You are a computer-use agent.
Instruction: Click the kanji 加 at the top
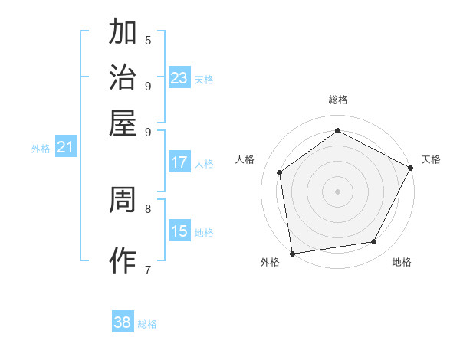tap(123, 33)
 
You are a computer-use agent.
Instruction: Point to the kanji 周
tap(123, 201)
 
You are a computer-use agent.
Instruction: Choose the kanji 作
tap(123, 260)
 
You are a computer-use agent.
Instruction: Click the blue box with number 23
tap(179, 77)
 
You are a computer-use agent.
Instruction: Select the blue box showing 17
tap(179, 162)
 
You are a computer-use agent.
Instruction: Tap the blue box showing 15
tap(179, 231)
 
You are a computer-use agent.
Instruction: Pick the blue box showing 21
tap(65, 147)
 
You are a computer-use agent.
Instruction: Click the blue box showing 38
tap(123, 322)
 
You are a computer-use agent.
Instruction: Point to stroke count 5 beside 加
tap(148, 41)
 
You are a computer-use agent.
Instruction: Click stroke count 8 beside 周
tap(148, 208)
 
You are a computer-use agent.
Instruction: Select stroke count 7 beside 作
tap(148, 269)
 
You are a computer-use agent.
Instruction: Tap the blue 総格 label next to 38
tap(147, 324)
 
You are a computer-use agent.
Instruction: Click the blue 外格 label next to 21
tap(41, 149)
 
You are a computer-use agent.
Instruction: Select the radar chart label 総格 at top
tap(337, 100)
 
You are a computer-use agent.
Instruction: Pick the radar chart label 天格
tap(431, 159)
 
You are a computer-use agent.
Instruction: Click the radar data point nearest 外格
tap(292, 253)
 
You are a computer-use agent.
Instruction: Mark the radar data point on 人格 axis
tap(280, 172)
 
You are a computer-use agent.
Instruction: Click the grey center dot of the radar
tap(337, 191)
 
